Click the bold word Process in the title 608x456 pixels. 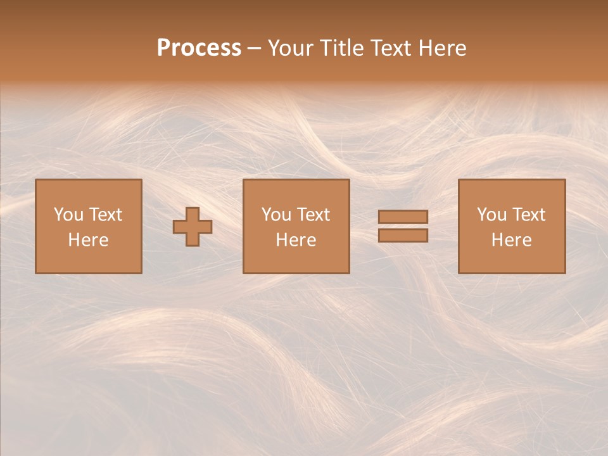tap(199, 48)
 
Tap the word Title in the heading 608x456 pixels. tap(340, 48)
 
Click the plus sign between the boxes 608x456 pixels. tap(193, 227)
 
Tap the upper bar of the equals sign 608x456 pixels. tap(403, 217)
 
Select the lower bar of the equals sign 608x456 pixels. tap(403, 236)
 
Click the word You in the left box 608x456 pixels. tap(68, 215)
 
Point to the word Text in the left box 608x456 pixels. tap(105, 215)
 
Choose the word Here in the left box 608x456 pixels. tap(88, 240)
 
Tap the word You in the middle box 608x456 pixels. tap(276, 215)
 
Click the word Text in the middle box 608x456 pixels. tap(313, 215)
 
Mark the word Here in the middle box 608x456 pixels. tap(296, 240)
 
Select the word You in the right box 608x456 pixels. tap(491, 215)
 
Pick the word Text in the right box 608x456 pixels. tap(528, 215)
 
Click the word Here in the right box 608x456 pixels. tap(511, 240)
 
